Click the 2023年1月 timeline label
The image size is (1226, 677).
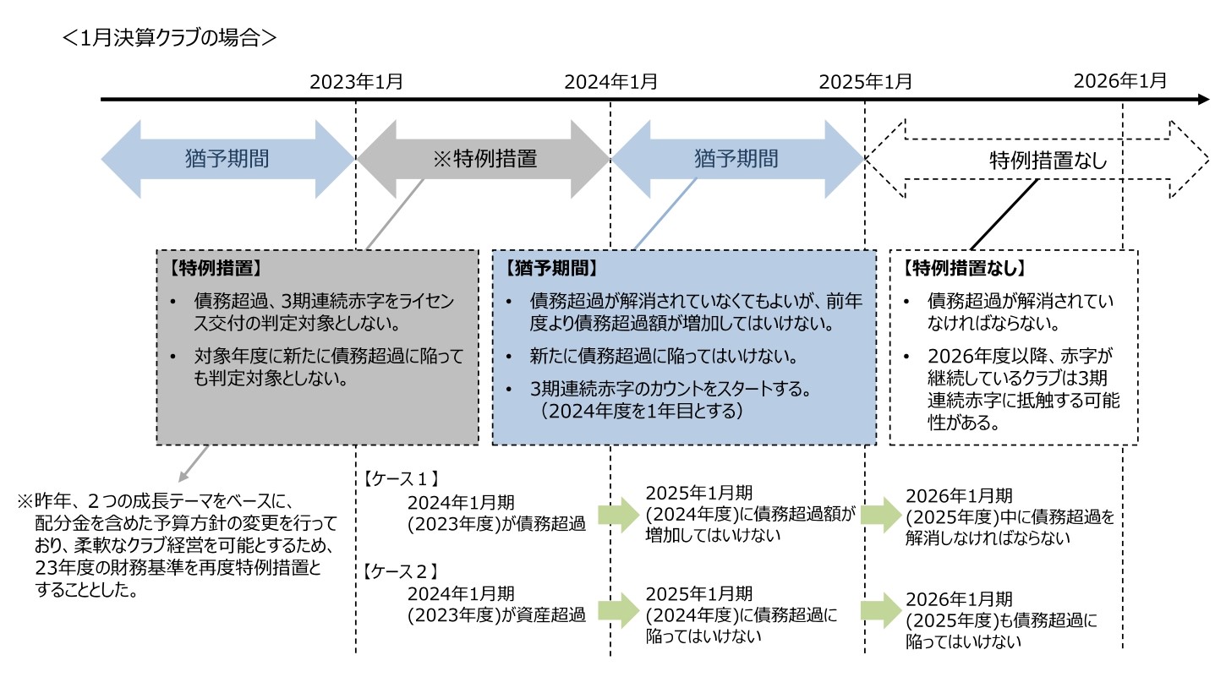click(356, 82)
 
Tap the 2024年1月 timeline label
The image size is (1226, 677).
click(610, 82)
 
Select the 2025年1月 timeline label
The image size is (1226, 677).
click(865, 82)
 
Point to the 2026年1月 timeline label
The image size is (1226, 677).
click(1120, 81)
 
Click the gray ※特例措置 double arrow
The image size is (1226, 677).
click(483, 158)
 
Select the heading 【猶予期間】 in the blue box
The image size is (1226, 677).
click(550, 270)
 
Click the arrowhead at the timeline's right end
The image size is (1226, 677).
click(1204, 100)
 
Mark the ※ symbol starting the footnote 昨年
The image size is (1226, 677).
click(25, 501)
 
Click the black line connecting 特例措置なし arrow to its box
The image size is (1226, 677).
click(1004, 215)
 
